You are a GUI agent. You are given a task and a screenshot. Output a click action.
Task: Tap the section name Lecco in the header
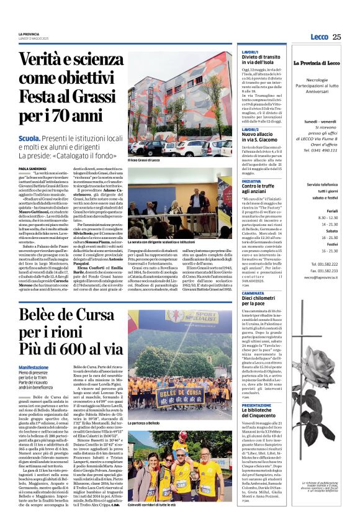[319, 37]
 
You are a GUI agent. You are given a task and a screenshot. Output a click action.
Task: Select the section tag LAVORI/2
[249, 129]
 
